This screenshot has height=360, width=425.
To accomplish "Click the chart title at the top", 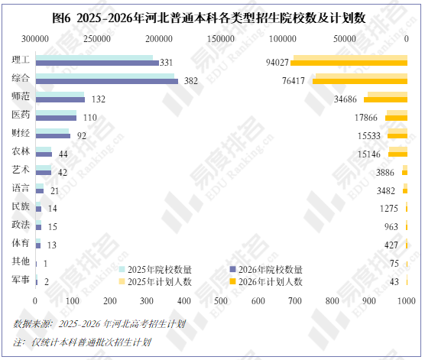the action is pos(209,18).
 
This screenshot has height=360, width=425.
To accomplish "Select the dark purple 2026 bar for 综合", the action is pos(107,81).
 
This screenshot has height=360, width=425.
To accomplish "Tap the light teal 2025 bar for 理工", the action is pos(94,58).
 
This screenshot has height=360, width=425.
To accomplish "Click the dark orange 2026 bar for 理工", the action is pos(349,63).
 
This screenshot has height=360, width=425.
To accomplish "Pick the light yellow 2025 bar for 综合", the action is pos(362,76).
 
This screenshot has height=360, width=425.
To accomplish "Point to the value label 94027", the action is pos(277,63).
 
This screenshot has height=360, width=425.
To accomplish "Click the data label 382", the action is pos(191,81).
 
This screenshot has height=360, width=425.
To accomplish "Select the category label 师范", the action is pos(21,96).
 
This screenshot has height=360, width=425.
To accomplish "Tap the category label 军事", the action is pos(21,279).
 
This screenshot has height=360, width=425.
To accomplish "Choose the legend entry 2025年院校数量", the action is pos(156,270).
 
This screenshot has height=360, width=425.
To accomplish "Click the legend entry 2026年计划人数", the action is pos(266,282).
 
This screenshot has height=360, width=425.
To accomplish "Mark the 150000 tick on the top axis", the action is pos(221,39).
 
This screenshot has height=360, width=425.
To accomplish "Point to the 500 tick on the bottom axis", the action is pos(221,301).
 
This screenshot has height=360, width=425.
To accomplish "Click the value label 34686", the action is pos(346,99).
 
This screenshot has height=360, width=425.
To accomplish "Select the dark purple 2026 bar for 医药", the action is pos(56,118).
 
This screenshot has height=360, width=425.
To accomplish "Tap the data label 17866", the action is pos(366,118).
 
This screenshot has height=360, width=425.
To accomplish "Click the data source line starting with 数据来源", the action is pos(99,324).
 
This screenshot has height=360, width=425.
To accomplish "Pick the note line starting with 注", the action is pos(82,342).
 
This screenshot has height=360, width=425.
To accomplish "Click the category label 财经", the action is pos(21,133).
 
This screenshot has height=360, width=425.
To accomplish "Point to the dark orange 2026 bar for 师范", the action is pos(385,100).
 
